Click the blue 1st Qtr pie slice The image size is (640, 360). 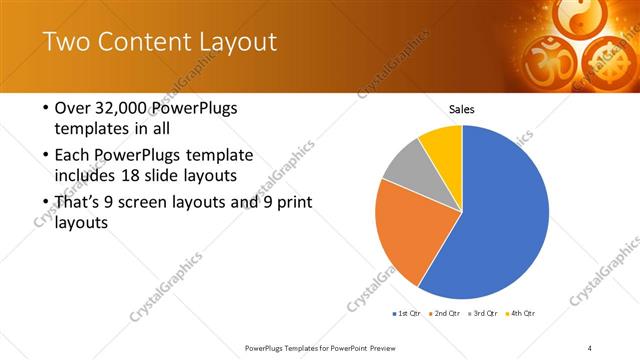click(505, 215)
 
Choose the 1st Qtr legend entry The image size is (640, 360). click(409, 313)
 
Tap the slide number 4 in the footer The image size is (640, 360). click(590, 347)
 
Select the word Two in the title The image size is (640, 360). click(63, 42)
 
